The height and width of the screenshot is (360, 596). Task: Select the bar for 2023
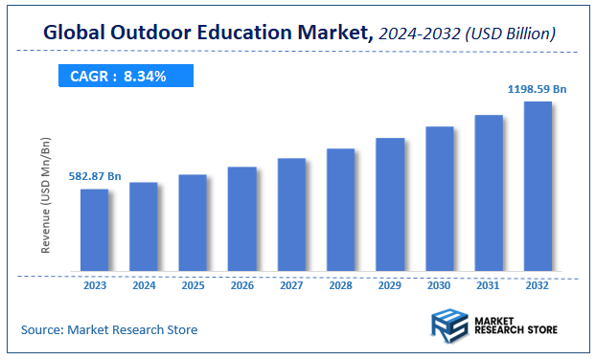pos(94,230)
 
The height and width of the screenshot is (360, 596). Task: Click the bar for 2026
pos(242,219)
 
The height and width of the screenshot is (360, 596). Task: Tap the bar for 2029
pos(390,204)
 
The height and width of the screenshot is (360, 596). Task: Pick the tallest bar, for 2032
pos(538,186)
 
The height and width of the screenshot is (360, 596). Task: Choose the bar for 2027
pos(291,214)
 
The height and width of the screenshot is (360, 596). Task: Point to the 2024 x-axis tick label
pos(144,284)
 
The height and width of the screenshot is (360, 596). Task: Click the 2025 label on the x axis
pos(193,284)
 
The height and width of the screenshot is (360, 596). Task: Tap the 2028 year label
pos(341,284)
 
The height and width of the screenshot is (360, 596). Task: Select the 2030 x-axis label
pos(439,284)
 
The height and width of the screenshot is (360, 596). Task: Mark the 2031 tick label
pos(489,284)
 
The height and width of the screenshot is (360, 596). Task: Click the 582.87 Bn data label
pos(94,176)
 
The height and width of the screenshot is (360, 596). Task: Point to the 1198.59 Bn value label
pos(537,89)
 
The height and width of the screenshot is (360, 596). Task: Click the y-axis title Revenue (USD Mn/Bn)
pos(45,194)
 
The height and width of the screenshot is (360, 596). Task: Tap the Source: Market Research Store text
pos(109,329)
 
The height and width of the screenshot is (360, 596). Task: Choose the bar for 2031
pos(489,192)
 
